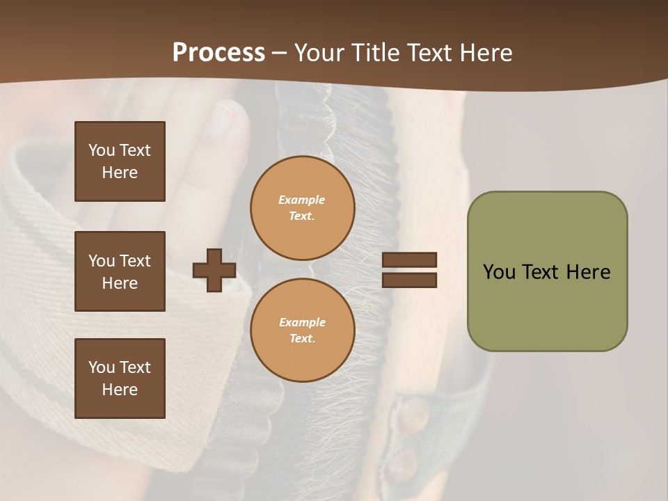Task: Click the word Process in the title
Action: [218, 53]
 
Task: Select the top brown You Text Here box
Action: [120, 161]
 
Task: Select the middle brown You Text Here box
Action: [120, 271]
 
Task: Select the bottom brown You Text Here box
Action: [120, 379]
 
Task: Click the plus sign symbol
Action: [214, 270]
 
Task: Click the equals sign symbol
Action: [409, 270]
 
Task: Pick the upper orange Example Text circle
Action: [302, 208]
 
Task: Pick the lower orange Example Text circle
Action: [302, 330]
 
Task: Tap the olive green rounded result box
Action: [547, 271]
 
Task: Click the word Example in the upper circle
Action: [301, 200]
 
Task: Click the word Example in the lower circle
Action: [301, 322]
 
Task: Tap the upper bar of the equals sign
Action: [409, 260]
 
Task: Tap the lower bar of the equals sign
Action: [409, 280]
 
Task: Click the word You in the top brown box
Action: [101, 150]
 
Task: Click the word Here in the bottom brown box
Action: [120, 390]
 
